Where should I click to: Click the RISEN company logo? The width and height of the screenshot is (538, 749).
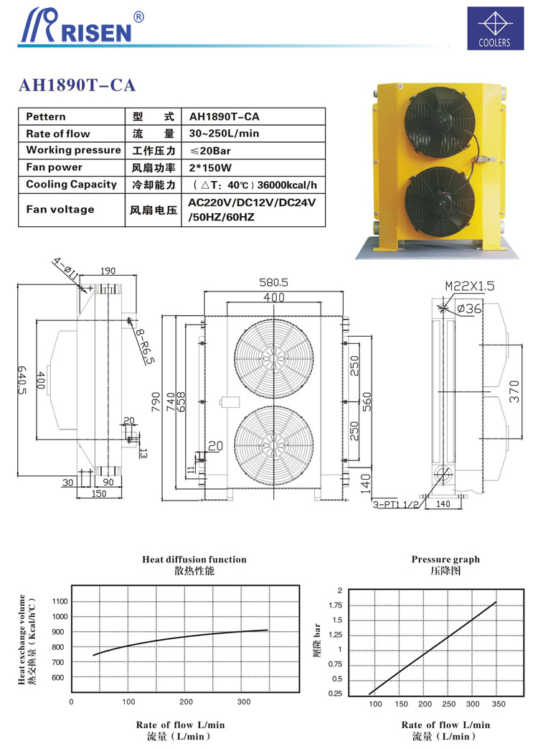(x=75, y=27)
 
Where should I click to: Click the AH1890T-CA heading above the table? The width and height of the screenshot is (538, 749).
(x=77, y=85)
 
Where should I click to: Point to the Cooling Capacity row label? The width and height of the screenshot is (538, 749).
(x=71, y=185)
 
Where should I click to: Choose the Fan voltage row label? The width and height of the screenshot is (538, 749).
(x=60, y=210)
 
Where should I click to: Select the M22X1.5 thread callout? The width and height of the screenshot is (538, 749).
(x=470, y=285)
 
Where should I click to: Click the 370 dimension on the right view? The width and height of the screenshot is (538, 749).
(x=514, y=392)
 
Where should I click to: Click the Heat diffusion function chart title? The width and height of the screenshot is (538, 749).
(x=194, y=559)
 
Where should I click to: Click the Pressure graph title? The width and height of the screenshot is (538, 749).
(x=445, y=559)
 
